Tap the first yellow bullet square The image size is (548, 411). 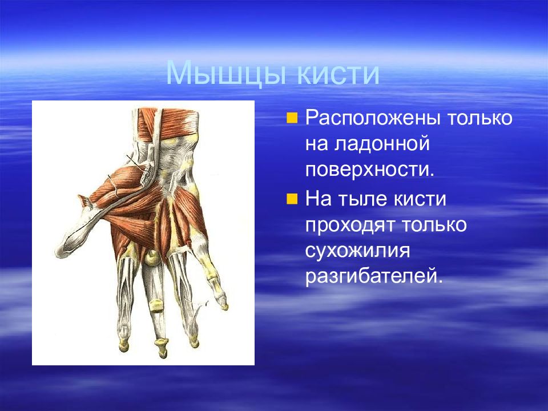tap(292, 118)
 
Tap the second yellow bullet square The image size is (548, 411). tap(292, 199)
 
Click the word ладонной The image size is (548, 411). tap(382, 144)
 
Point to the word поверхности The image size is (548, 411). tap(370, 170)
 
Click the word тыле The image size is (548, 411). tap(362, 199)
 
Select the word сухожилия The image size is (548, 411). tap(357, 251)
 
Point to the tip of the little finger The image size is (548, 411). tap(225, 308)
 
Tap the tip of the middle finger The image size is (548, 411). tap(163, 356)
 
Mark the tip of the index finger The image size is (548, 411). tap(123, 348)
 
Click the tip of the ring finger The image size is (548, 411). tap(194, 345)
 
